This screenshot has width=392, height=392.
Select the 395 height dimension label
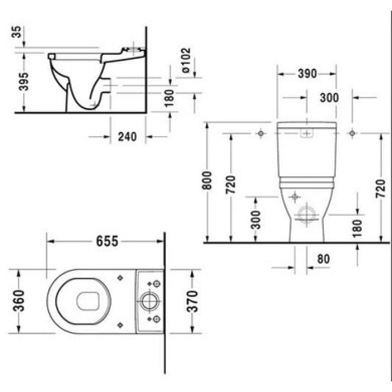coord(23,82)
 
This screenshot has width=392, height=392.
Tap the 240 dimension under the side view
coord(127,136)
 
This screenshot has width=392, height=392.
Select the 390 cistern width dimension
coord(306,73)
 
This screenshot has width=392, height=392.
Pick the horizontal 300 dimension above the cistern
coord(329,97)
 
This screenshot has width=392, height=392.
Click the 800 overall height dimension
coord(207,180)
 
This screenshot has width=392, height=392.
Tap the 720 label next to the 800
coord(231,184)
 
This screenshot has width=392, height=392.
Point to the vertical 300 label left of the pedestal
coord(255,220)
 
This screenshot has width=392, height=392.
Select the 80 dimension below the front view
coord(323,259)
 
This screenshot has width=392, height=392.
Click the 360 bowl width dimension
coord(19,301)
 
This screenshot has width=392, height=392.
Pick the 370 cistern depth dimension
coord(192,301)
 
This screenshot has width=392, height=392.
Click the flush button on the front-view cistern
coord(306,133)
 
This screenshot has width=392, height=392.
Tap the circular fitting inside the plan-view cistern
coord(150,301)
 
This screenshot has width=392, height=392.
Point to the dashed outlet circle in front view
coord(307,214)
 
